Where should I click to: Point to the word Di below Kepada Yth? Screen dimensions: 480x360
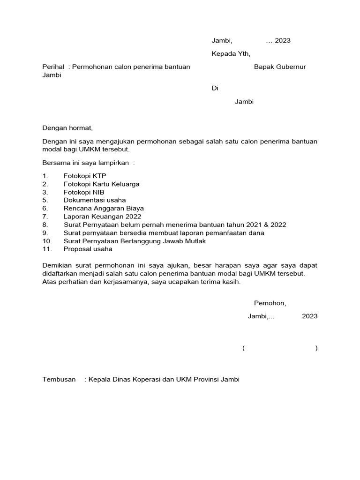click(215, 88)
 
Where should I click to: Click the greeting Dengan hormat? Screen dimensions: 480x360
click(67, 127)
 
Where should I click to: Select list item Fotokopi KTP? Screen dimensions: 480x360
click(85, 176)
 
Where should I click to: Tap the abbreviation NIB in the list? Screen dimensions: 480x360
click(98, 192)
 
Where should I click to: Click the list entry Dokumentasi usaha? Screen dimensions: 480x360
click(95, 200)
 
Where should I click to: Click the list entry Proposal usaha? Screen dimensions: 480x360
click(88, 249)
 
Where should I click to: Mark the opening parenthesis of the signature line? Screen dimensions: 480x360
click(244, 348)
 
